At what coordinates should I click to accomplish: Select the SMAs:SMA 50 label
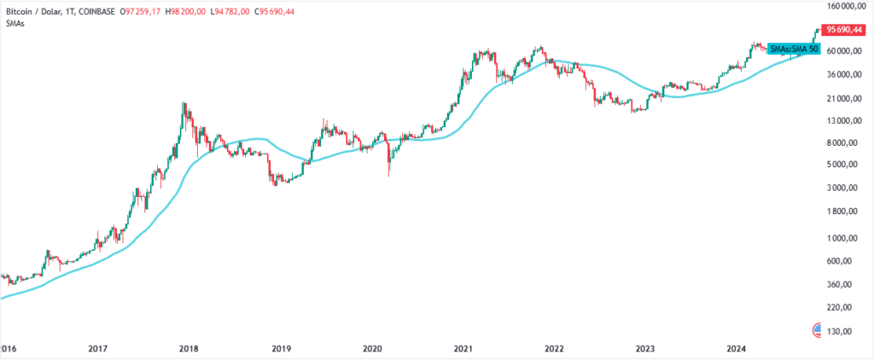(795, 49)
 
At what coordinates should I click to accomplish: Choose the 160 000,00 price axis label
(845, 7)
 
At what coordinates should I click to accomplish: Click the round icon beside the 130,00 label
(819, 329)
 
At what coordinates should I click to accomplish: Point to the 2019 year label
(282, 349)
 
